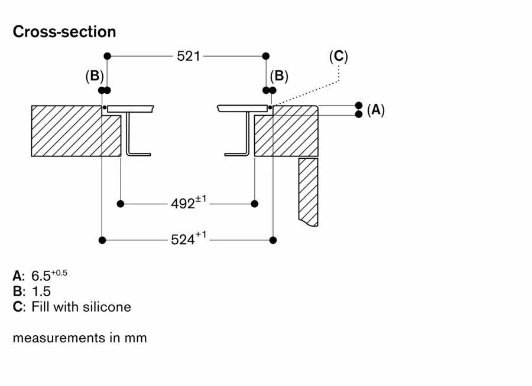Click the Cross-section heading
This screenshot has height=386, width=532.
[64, 32]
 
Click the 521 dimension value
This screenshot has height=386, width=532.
[189, 56]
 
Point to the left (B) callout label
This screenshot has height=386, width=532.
[95, 76]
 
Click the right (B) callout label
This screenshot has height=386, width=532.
[279, 76]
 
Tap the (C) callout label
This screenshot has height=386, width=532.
[338, 56]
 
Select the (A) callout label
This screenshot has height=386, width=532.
[375, 109]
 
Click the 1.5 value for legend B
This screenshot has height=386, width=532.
[41, 291]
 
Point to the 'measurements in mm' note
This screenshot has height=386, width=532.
[79, 338]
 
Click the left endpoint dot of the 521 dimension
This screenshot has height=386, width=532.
[107, 56]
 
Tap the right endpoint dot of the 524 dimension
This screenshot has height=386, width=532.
[273, 240]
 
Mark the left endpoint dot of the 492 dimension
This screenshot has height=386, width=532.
[121, 204]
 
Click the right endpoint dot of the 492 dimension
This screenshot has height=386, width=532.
[255, 204]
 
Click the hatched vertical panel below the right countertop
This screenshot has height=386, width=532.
[308, 191]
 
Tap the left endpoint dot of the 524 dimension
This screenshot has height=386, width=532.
[102, 240]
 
